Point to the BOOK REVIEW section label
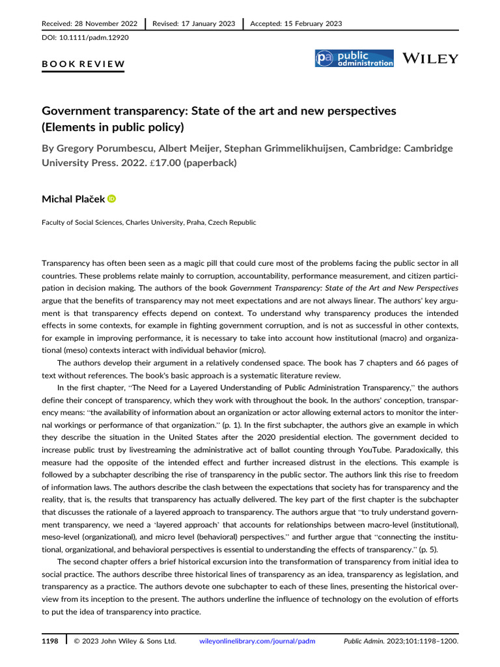[x=83, y=64]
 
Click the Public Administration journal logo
[x=354, y=59]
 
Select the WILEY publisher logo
[x=430, y=59]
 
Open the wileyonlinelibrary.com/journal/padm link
[x=257, y=642]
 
